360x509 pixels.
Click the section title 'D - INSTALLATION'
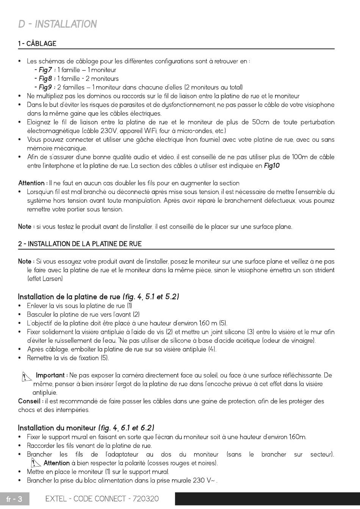pos(58,24)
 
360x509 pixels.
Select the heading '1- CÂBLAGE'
pos(37,44)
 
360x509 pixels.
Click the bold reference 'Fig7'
pos(45,70)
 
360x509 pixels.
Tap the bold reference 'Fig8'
pos(45,79)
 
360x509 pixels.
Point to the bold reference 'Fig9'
pos(45,87)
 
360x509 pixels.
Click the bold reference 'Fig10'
pos(272,166)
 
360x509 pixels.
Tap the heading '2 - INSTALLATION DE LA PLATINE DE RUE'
pos(80,244)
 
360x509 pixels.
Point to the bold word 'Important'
pos(50,375)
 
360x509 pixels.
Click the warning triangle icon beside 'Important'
pos(26,376)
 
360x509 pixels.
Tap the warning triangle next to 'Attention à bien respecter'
pos(36,463)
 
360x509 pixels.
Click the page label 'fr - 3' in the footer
pos(15,499)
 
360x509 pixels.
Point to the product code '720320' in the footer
pos(144,499)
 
